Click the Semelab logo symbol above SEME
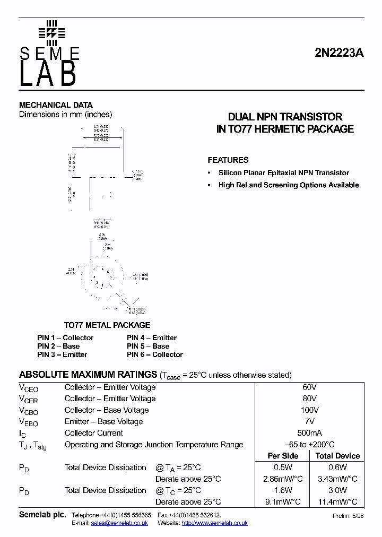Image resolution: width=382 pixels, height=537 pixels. (51, 33)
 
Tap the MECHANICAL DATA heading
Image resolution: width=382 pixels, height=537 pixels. (56, 105)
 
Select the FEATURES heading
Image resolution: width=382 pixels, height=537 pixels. (228, 160)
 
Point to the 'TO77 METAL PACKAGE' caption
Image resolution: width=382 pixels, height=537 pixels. (107, 325)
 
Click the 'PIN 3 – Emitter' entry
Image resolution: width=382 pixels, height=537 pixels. (62, 354)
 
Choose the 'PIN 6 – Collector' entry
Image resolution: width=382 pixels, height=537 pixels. (154, 354)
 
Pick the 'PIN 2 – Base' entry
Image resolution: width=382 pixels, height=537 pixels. (58, 346)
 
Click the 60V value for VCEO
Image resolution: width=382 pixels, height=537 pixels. (309, 387)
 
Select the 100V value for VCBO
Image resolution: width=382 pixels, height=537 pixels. (309, 410)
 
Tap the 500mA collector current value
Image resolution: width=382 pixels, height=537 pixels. (309, 433)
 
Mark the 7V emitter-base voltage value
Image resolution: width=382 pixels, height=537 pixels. (309, 421)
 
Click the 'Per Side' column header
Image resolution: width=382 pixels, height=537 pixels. (283, 456)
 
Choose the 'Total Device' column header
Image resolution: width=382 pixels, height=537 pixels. (337, 456)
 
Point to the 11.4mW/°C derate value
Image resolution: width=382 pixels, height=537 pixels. (337, 501)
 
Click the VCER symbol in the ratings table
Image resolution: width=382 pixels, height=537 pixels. (29, 400)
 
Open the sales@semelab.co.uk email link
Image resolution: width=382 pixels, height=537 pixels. (119, 523)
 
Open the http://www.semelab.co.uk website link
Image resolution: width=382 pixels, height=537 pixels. (214, 523)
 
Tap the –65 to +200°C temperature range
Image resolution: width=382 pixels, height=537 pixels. (309, 445)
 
